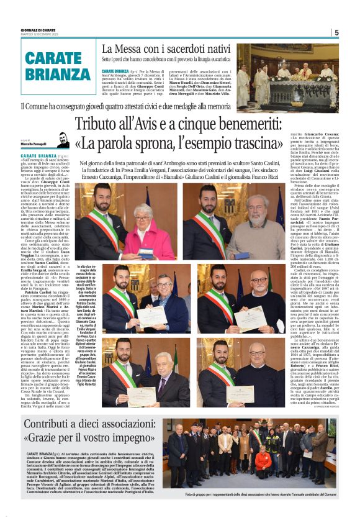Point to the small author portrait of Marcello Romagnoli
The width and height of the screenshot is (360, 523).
pos(63,140)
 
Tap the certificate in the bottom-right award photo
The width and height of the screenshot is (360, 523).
pos(243,393)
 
